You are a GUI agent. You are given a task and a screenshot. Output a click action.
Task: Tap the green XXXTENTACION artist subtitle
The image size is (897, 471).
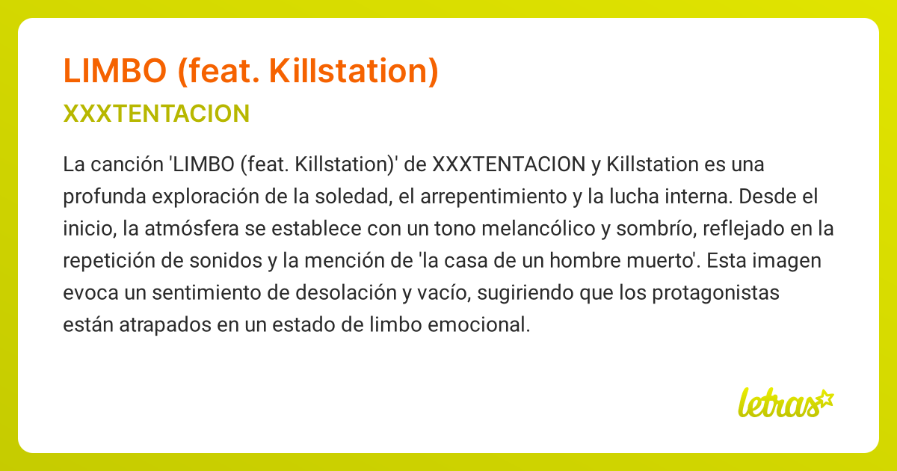click(x=156, y=114)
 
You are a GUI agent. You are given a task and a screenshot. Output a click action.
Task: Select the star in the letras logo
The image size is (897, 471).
click(x=824, y=398)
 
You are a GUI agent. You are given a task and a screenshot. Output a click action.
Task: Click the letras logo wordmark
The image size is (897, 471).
click(x=777, y=404)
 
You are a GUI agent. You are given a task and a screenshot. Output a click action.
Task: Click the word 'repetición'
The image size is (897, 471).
click(x=104, y=261)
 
